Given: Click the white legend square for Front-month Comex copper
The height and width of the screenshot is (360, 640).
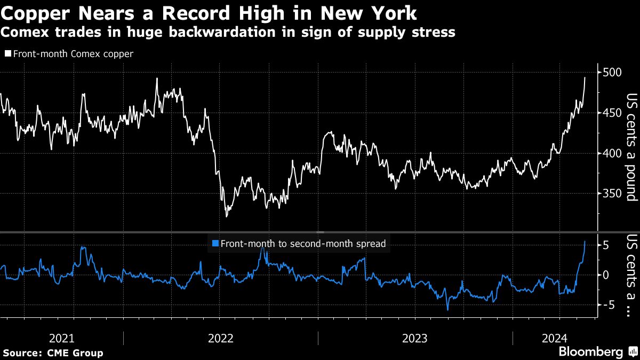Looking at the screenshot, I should (x=7, y=54).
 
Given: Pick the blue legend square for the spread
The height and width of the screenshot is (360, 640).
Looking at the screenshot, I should (x=215, y=244).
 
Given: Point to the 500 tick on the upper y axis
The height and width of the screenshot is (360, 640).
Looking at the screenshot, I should (x=612, y=73).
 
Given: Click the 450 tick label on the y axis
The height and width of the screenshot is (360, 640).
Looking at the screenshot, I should (x=612, y=113).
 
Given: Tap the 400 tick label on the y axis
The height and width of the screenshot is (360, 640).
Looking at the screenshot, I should (x=612, y=154).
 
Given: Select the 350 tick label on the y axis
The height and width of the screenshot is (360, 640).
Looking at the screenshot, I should (x=612, y=194).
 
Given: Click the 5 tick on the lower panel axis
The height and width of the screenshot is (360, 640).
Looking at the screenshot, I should (x=606, y=245).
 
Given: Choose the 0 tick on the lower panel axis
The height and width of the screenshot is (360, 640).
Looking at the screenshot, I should (x=606, y=275).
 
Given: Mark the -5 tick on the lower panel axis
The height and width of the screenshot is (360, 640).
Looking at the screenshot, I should (x=609, y=305).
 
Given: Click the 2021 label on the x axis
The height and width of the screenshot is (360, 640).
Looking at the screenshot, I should (x=61, y=338).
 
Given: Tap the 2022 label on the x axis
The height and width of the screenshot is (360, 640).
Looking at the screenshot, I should (x=220, y=338).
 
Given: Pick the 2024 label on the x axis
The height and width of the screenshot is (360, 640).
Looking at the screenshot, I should (x=554, y=338).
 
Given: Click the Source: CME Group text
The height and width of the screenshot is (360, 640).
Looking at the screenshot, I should (x=53, y=353).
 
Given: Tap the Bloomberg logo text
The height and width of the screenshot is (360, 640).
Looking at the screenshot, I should (x=590, y=352).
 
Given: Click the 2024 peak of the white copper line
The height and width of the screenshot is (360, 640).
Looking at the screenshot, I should (x=585, y=77).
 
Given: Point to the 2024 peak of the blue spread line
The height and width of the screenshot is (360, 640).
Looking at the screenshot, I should (x=585, y=241).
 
